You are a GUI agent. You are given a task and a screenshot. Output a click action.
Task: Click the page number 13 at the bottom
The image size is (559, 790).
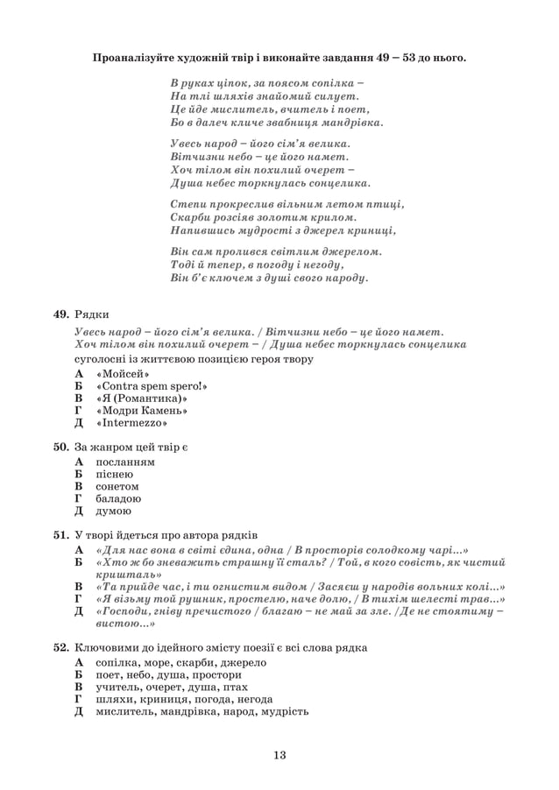pos(279,755)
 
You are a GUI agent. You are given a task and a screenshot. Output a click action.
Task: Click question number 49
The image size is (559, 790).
pos(61,314)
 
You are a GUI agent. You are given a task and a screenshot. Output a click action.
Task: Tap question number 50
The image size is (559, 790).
pos(61,447)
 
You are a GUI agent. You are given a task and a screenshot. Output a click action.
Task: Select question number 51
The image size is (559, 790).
pos(61,534)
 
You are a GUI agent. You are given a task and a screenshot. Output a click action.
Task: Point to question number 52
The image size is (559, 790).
pos(61,647)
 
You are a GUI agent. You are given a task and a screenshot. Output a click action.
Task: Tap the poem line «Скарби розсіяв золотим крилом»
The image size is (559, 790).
pos(264,217)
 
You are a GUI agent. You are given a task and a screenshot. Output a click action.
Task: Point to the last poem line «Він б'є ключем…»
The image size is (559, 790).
pos(269,279)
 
